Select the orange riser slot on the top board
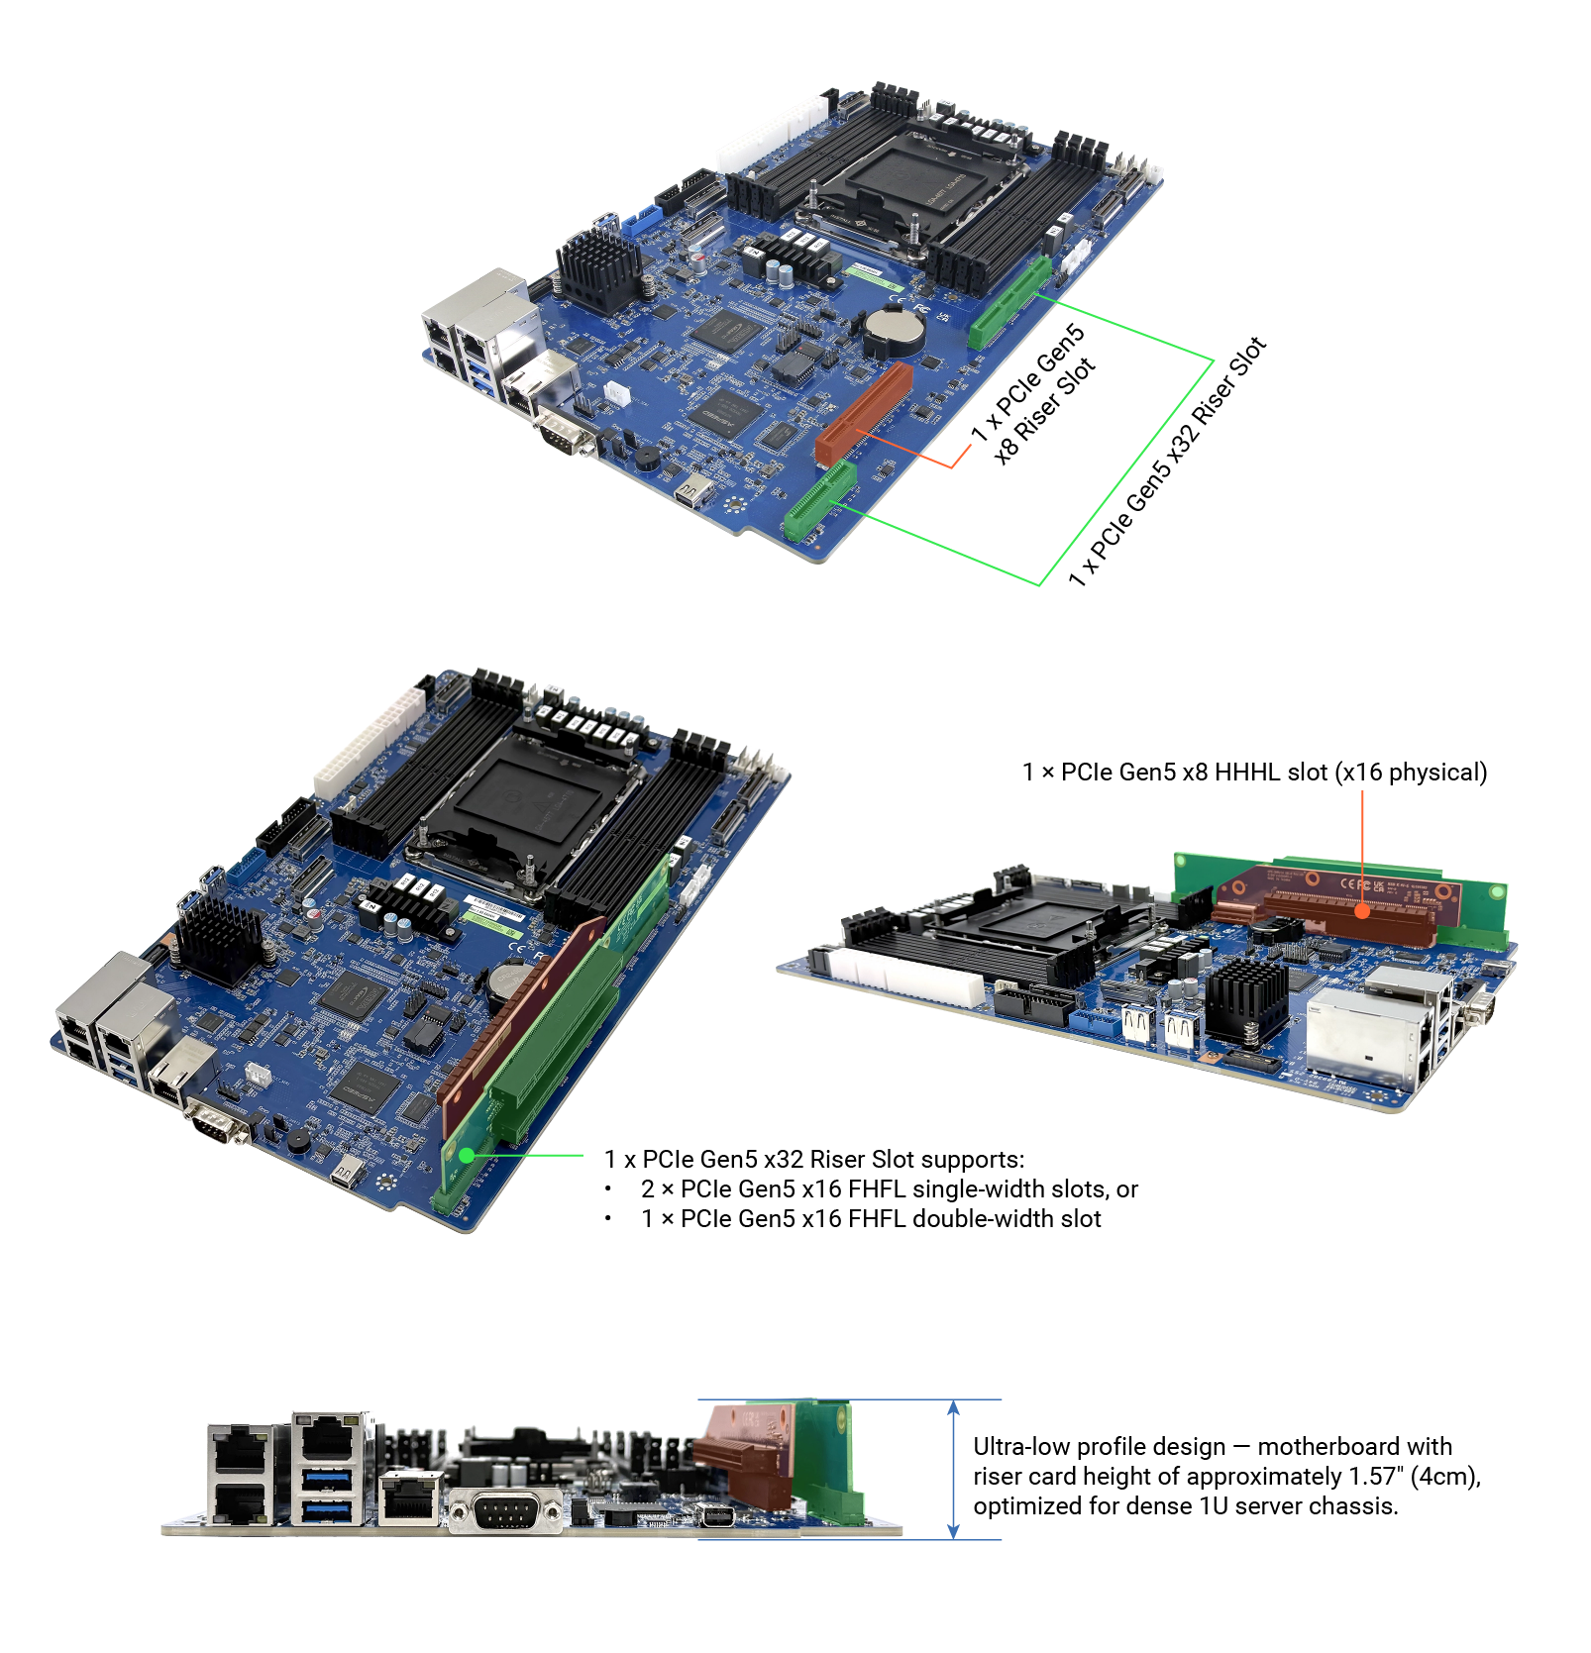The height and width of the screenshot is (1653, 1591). (x=863, y=413)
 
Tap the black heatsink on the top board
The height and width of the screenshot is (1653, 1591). (x=597, y=266)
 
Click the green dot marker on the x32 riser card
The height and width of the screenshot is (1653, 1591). (x=467, y=1155)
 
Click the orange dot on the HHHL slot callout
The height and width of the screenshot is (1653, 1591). (x=1362, y=911)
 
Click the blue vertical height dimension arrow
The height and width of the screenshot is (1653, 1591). (x=953, y=1470)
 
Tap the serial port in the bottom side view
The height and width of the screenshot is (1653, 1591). (x=505, y=1512)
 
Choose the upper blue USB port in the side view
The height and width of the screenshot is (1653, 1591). (x=328, y=1480)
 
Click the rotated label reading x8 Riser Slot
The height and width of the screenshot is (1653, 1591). (x=1045, y=410)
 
